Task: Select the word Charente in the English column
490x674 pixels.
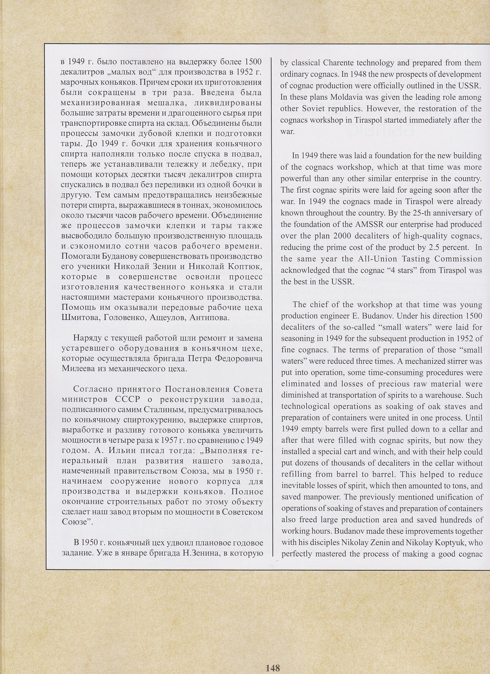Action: (337, 63)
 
